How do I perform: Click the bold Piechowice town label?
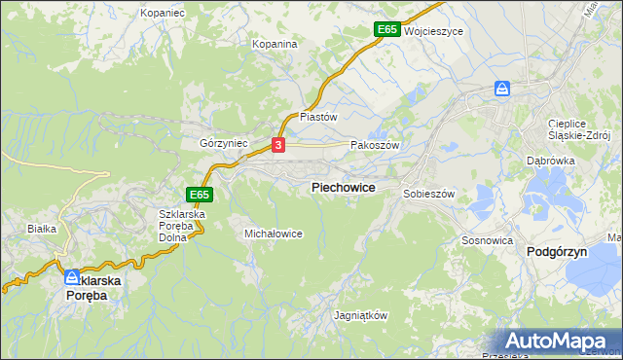point(344,187)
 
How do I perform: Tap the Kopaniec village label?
point(163,14)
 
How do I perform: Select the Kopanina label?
point(274,45)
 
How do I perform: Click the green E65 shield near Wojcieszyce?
point(386,30)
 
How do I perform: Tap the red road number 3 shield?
point(279,146)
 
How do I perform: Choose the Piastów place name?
point(318,117)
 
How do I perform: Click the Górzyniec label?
point(224,142)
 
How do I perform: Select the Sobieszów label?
point(429,194)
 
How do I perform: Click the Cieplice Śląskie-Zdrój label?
point(578,130)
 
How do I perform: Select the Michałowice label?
point(274,234)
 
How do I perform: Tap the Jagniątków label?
point(361,316)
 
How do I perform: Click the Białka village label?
point(43,229)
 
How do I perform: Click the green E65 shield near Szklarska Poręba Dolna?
point(199,195)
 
